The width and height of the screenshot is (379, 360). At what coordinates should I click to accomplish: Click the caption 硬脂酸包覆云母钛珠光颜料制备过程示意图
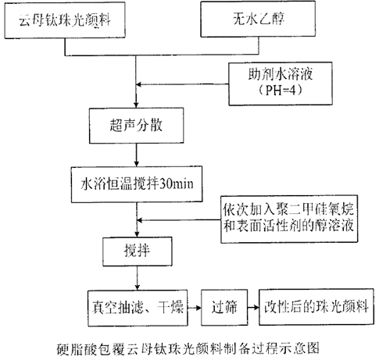(188, 344)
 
